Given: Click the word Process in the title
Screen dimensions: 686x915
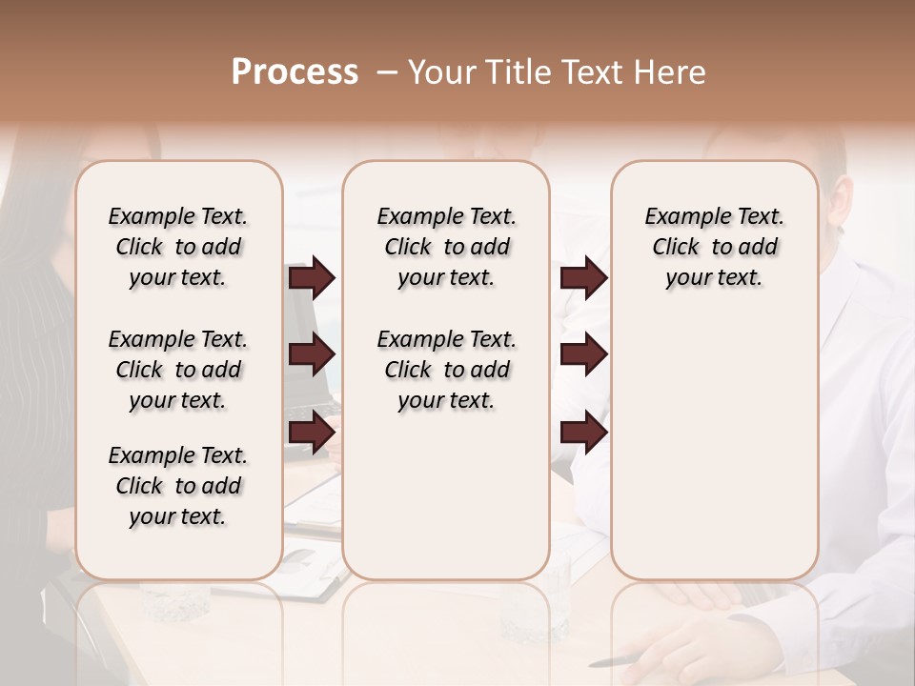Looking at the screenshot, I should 295,72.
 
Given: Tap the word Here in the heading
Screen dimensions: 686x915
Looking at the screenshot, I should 671,72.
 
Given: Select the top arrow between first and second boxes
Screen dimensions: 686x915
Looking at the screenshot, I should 312,277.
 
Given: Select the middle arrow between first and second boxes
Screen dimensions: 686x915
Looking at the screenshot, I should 312,354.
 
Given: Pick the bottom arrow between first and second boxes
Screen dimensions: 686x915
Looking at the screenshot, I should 312,432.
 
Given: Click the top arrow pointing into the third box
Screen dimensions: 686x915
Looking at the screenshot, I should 583,277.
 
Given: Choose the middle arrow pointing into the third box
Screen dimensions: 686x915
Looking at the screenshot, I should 583,354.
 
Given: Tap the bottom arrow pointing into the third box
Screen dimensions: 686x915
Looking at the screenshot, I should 583,432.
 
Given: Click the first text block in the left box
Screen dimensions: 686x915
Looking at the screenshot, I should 178,247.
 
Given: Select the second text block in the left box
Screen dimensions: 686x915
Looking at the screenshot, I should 178,370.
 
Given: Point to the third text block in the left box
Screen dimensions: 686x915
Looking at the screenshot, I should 178,486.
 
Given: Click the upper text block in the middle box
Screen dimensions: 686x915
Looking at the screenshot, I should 446,247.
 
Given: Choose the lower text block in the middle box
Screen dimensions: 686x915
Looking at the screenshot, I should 446,370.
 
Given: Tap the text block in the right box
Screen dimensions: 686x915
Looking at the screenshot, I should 714,247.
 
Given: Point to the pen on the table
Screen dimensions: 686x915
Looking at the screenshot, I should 614,660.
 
